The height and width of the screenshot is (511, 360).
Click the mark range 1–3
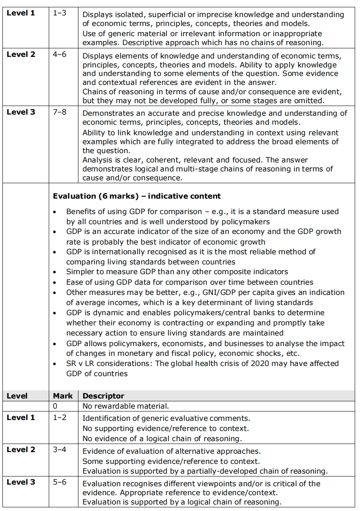click(x=59, y=13)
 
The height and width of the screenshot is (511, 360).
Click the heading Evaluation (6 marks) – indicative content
click(x=137, y=196)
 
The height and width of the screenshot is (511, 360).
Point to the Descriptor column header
click(x=103, y=396)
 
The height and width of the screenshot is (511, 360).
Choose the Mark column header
click(x=63, y=396)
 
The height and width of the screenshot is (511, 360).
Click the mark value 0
click(x=55, y=406)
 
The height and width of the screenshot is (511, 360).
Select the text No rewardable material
click(x=126, y=406)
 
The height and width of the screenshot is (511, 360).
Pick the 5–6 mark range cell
click(x=59, y=482)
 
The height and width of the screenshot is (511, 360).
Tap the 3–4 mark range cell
click(x=59, y=450)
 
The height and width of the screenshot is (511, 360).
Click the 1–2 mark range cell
click(x=59, y=417)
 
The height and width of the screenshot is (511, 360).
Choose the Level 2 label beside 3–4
click(x=21, y=450)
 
